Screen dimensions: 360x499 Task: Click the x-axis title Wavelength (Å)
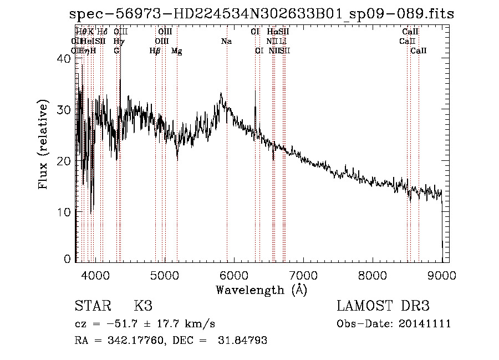coord(261,290)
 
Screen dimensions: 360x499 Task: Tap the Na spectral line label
coord(226,42)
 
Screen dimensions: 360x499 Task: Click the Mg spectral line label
coord(177,51)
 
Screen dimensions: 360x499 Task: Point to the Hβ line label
coord(155,51)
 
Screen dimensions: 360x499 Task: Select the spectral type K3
coord(142,306)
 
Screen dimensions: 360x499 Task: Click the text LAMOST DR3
coord(383,306)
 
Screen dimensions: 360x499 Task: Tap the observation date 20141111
coord(425,324)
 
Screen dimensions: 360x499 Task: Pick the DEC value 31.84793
coord(242,341)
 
